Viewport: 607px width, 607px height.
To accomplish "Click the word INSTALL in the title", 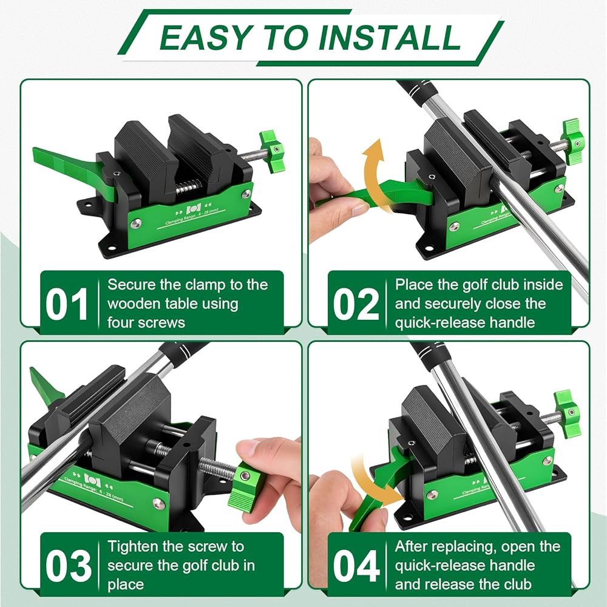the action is [x=390, y=37].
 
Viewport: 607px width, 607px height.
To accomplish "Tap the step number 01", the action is [x=67, y=304].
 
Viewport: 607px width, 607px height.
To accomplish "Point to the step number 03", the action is [x=69, y=566].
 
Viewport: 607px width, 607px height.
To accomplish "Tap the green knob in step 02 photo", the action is [x=572, y=142].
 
